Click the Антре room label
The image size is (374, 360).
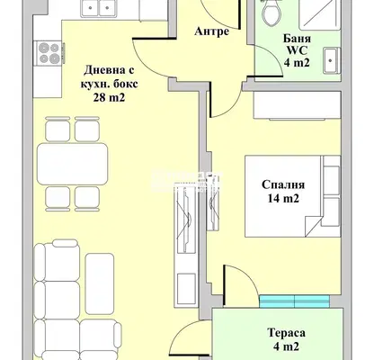[x=211, y=31]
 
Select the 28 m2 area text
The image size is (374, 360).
[x=109, y=97]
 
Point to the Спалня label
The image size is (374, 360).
[x=283, y=184]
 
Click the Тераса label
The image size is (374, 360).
[x=287, y=333]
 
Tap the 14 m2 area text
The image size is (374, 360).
[x=283, y=199]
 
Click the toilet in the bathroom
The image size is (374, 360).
[x=272, y=13]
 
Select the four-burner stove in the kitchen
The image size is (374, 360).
[x=49, y=53]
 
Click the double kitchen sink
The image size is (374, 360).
[x=100, y=9]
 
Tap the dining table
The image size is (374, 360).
[x=72, y=164]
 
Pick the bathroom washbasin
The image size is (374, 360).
[x=332, y=60]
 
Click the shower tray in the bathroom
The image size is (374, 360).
[x=320, y=14]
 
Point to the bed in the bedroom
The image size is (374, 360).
[x=293, y=196]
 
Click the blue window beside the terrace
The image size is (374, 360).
[x=294, y=301]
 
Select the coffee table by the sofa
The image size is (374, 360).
[x=100, y=283]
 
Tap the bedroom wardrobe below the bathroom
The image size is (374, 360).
[x=298, y=105]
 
